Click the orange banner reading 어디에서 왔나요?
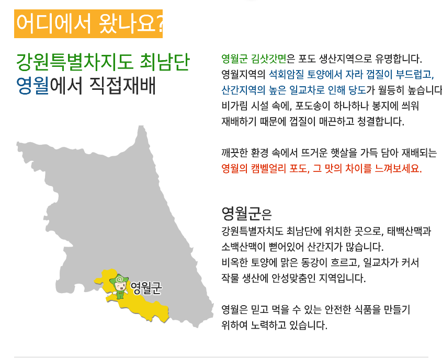pyautogui.click(x=88, y=24)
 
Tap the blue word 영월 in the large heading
pyautogui.click(x=33, y=86)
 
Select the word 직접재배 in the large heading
pyautogui.click(x=122, y=86)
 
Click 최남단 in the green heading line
pyautogui.click(x=165, y=62)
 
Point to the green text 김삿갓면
pyautogui.click(x=269, y=59)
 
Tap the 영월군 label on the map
pyautogui.click(x=146, y=288)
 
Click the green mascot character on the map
pyautogui.click(x=120, y=286)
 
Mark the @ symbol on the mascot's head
pyautogui.click(x=119, y=279)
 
